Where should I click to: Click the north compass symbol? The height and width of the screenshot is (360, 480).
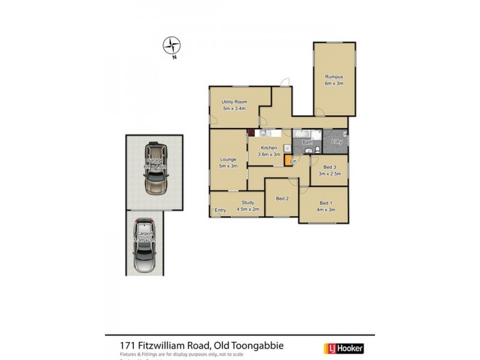[x=172, y=46]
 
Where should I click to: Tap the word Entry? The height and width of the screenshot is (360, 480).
[x=220, y=210]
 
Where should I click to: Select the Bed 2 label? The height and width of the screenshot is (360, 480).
[x=283, y=199]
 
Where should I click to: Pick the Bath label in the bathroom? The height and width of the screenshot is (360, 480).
[x=307, y=142]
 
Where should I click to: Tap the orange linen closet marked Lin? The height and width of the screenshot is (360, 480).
[x=292, y=161]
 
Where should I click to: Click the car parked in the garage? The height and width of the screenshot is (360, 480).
[x=155, y=170]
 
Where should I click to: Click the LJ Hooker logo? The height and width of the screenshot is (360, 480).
[x=344, y=347]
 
